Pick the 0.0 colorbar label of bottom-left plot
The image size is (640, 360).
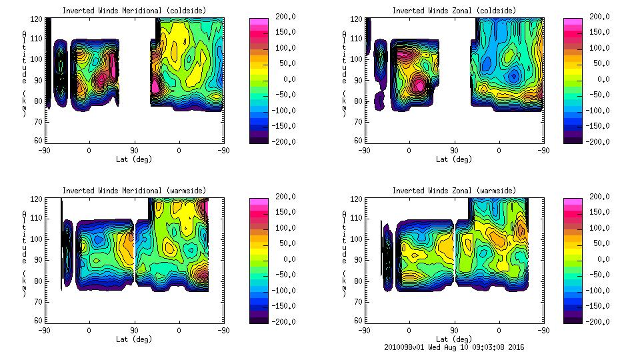(x=283, y=259)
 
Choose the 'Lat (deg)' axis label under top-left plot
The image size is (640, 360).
(x=134, y=159)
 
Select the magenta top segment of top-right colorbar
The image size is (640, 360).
(x=572, y=23)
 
